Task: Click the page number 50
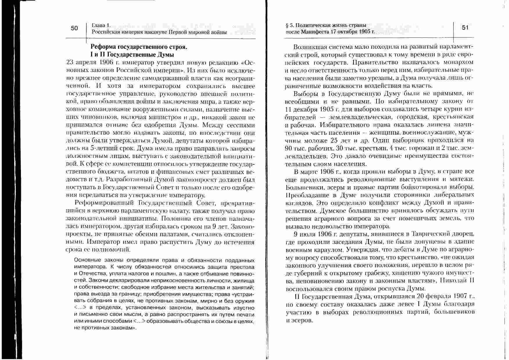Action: pos(74,28)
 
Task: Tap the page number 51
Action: pos(465,28)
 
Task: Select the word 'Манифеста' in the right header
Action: pos(315,32)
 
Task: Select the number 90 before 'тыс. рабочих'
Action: pos(289,148)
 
